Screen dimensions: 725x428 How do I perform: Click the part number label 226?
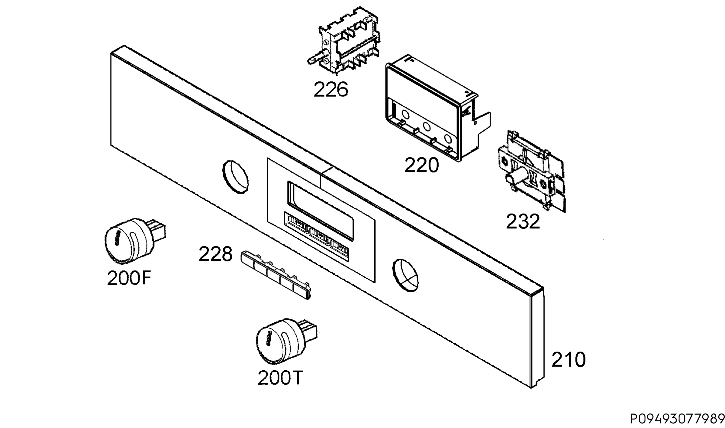point(331,90)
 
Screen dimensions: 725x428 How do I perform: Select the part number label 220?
point(421,166)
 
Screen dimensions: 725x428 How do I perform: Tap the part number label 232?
point(523,222)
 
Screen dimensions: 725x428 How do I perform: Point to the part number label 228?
point(215,254)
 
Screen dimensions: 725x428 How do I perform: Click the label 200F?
point(129,278)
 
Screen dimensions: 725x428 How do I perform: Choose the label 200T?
point(280,378)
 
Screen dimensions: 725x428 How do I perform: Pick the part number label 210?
point(569,360)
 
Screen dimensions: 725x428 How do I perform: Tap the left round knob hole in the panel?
point(235,177)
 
